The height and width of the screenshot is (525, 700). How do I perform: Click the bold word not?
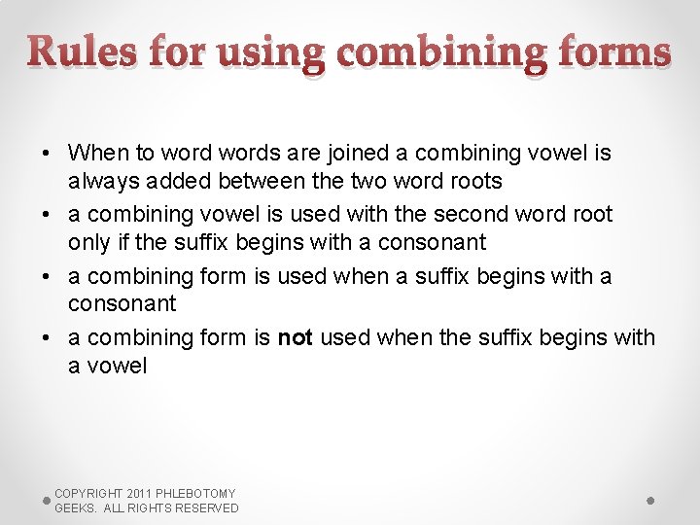point(295,337)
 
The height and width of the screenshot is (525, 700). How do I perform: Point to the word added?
point(183,181)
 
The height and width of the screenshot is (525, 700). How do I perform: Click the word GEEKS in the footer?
point(74,508)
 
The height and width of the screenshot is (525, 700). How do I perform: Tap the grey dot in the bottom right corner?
point(650,500)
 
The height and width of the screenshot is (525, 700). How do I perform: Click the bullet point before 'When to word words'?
point(47,153)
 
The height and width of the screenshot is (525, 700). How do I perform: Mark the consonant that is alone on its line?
point(122,303)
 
